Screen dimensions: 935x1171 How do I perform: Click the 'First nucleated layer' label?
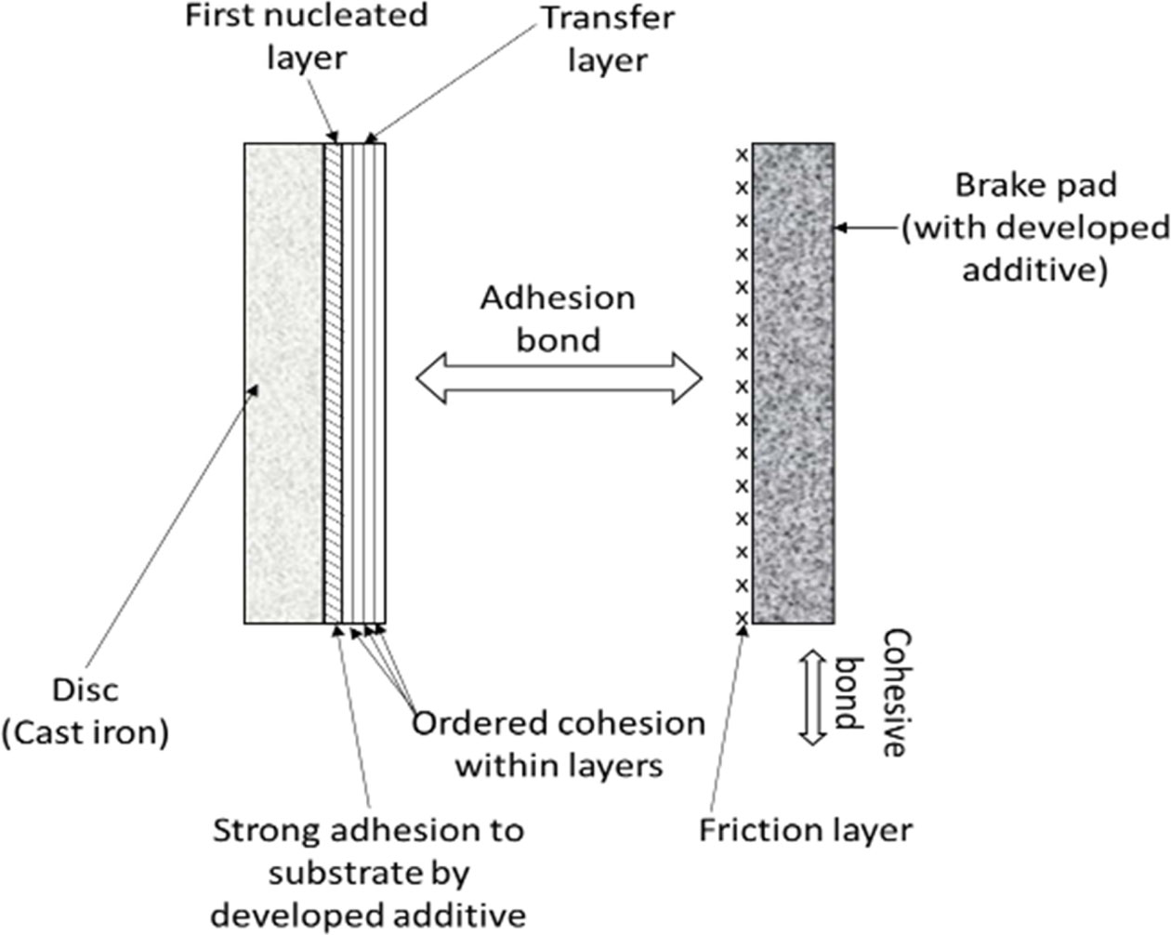[306, 36]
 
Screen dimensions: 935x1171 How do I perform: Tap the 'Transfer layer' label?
[607, 39]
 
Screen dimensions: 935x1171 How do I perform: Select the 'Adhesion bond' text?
[558, 318]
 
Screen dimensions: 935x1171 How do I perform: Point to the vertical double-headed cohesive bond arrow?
[813, 697]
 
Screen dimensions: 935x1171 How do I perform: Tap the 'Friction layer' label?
[805, 830]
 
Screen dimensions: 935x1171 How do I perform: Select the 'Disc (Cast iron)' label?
[86, 711]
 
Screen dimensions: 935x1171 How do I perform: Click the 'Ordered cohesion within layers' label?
[559, 744]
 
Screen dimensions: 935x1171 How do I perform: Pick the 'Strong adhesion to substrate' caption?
[369, 871]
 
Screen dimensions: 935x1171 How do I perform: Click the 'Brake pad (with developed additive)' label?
[1035, 228]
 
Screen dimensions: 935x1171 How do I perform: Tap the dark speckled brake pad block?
[793, 383]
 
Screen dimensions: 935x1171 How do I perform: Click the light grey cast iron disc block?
[283, 383]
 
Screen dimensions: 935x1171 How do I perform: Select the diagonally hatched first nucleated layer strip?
[333, 383]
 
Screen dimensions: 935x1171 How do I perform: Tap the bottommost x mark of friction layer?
[742, 617]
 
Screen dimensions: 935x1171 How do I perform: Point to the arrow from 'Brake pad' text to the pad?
[866, 227]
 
